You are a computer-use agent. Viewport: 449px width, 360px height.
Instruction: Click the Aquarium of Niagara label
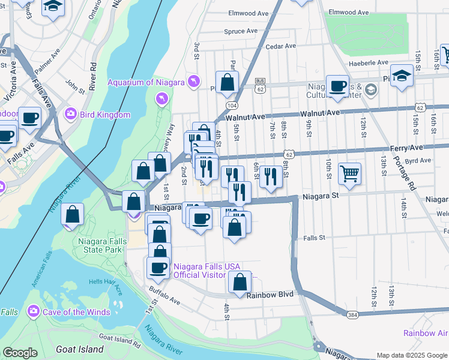point(145,82)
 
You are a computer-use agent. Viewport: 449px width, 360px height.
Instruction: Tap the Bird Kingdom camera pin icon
point(71,114)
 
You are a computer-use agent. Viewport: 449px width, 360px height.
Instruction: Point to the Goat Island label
point(79,349)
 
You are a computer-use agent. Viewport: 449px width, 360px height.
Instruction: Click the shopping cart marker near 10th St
point(349,174)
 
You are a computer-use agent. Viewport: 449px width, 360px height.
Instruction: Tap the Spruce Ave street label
point(240,31)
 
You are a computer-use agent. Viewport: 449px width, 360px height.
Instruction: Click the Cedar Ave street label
point(281,46)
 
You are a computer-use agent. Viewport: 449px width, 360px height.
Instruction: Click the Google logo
point(20,353)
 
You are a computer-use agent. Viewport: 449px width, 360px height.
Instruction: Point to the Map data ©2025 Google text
point(411,355)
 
